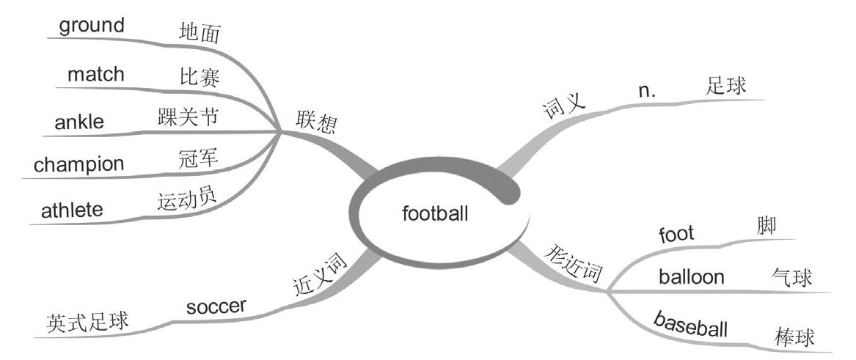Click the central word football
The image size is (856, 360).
tap(435, 213)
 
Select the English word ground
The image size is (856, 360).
tap(92, 26)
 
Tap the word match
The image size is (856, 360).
tap(96, 75)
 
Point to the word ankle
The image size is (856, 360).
tap(79, 123)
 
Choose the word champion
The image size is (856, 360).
tap(79, 164)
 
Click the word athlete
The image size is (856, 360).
tap(73, 210)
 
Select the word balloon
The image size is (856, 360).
tap(692, 277)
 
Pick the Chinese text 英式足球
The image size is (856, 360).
tap(87, 320)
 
